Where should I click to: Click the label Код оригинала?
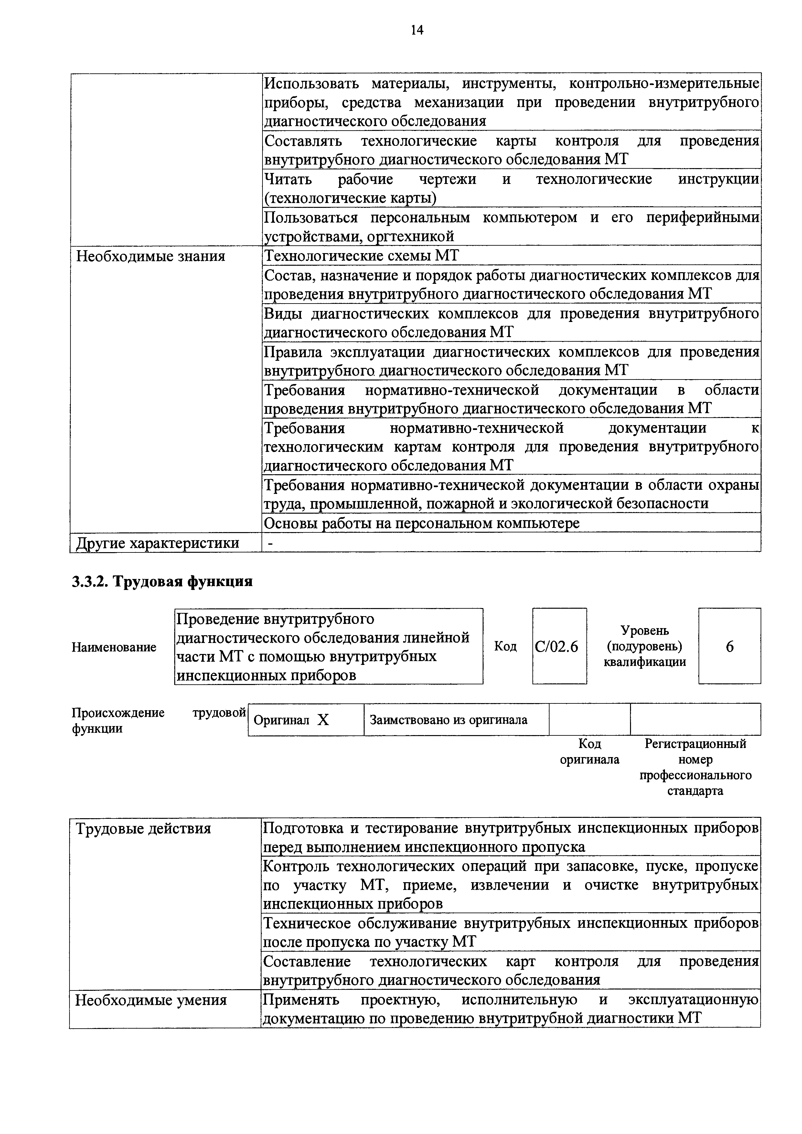(x=589, y=752)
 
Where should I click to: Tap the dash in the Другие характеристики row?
(x=269, y=543)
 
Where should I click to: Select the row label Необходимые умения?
(x=151, y=1000)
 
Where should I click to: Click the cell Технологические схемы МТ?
(x=361, y=256)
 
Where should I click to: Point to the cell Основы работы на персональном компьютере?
(x=422, y=523)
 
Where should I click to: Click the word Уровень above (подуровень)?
(x=645, y=631)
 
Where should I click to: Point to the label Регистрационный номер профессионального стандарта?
(x=695, y=767)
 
